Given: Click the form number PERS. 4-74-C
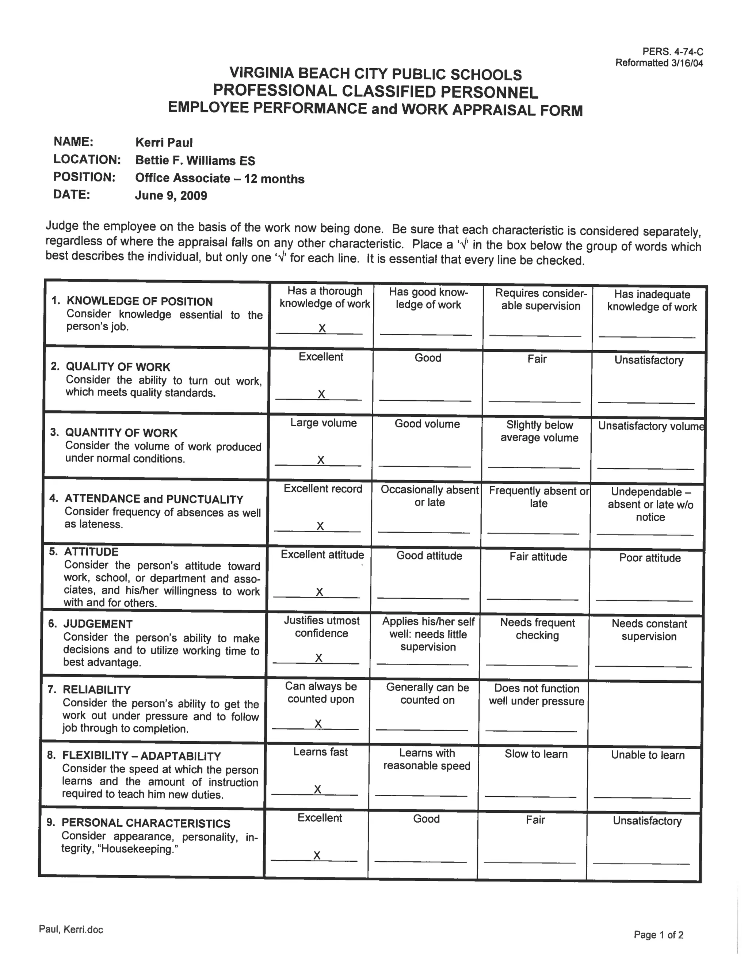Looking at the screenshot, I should coord(672,52).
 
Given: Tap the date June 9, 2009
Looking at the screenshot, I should coord(171,195).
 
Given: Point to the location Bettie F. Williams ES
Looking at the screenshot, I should coord(195,160).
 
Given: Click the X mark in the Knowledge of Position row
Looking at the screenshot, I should coord(322,328).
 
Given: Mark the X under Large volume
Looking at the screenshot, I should coord(321,460).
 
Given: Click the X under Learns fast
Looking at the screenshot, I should coord(317,789).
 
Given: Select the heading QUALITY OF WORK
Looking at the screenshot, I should coord(118,367).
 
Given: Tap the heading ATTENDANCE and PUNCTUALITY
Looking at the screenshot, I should coord(154,499).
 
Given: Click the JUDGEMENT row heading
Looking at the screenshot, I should coord(98,624).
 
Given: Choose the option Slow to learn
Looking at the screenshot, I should coord(536,754).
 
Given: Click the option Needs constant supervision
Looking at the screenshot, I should coord(649,630).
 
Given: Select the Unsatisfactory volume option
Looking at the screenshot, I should coord(650,426).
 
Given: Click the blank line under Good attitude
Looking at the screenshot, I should coord(423,598).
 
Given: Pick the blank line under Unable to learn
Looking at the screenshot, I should coord(642,797).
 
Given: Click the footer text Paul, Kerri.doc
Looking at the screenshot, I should coord(71,929).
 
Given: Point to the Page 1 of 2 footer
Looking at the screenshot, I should coord(659,935).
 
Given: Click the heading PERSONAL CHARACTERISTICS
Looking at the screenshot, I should coord(146,823).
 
